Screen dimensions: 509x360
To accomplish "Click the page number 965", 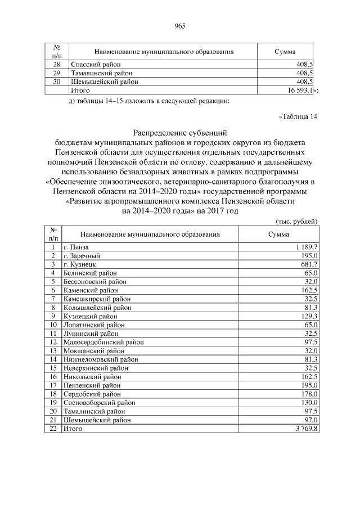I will [x=180, y=25].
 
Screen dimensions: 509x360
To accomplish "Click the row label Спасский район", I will [x=92, y=65].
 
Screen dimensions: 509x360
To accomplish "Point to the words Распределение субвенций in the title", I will [x=180, y=133].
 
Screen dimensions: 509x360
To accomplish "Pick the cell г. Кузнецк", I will [x=80, y=264].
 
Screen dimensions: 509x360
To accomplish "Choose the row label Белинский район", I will [x=90, y=273].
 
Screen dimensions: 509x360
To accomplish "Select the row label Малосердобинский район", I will [x=103, y=342].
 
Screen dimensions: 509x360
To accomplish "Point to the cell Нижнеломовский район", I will [x=101, y=359].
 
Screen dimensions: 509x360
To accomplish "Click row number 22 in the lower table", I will [x=53, y=429].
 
